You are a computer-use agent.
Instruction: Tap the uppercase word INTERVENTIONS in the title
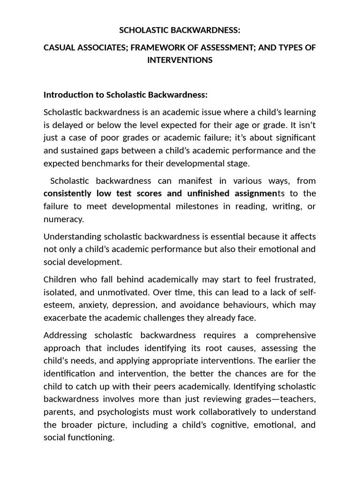(x=180, y=60)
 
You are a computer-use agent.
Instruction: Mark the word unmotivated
(x=114, y=292)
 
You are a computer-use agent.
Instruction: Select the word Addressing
(x=65, y=335)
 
